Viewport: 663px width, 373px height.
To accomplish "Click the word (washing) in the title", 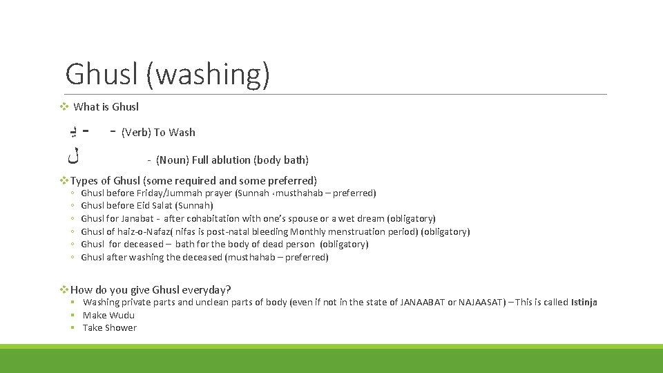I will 207,74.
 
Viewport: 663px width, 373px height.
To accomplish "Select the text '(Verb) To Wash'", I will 158,133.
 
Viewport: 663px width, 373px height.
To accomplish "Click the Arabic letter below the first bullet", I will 73,157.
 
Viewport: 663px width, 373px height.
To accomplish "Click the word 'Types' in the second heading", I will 86,180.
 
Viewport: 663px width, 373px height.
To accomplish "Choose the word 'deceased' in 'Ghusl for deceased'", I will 143,245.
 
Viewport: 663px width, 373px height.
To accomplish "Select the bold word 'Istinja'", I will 584,303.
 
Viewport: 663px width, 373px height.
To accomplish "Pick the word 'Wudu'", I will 122,316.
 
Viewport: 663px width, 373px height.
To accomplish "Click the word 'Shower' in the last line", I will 121,328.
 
